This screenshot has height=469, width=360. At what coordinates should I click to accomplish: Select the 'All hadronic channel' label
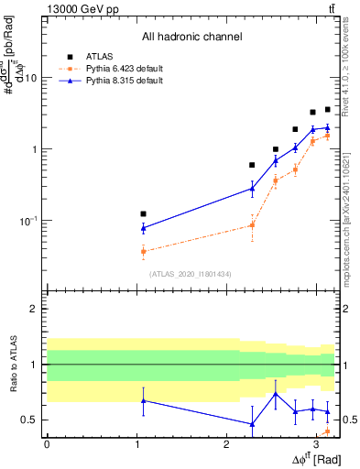pyautogui.click(x=191, y=37)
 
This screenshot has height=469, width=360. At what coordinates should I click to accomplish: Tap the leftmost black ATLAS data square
pyautogui.click(x=143, y=213)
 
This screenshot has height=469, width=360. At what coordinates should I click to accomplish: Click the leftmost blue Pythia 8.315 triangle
pyautogui.click(x=143, y=227)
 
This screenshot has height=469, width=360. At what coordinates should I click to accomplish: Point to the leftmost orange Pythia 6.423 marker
pyautogui.click(x=143, y=251)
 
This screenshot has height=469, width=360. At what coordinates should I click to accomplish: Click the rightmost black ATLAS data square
pyautogui.click(x=327, y=110)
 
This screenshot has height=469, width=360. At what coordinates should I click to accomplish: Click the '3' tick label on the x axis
pyautogui.click(x=316, y=444)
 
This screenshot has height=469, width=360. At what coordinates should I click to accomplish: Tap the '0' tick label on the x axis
pyautogui.click(x=47, y=444)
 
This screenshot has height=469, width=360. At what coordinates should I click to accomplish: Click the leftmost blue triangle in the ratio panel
pyautogui.click(x=143, y=400)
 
